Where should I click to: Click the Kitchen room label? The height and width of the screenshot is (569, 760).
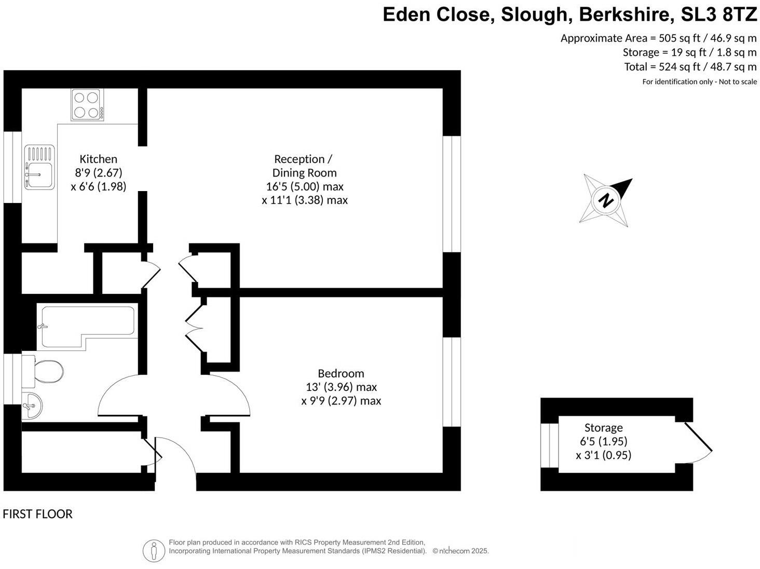(98, 159)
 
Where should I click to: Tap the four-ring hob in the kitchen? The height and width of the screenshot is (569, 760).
(87, 104)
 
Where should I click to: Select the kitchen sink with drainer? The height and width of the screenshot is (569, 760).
(39, 167)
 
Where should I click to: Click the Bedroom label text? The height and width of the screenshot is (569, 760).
(341, 373)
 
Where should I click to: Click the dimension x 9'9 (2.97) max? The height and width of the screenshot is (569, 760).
(341, 401)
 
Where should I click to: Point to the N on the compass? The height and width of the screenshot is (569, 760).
(605, 200)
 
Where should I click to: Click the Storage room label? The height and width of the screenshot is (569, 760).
(603, 428)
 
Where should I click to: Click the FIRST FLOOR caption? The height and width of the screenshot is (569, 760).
(37, 514)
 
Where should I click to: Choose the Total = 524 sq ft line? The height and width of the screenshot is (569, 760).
(690, 66)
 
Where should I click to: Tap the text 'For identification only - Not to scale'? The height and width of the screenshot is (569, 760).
(699, 82)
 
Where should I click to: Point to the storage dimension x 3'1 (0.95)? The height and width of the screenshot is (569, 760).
(603, 455)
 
